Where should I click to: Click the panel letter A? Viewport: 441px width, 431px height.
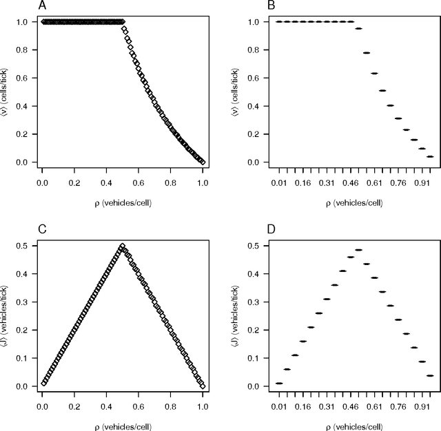(x=43, y=6)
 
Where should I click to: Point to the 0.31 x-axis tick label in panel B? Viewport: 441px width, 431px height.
(x=326, y=185)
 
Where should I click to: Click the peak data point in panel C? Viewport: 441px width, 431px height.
(x=123, y=246)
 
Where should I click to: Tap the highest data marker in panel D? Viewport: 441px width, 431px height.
(x=358, y=250)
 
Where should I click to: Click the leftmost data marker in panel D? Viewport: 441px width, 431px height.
(x=279, y=383)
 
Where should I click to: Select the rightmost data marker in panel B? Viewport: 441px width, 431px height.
(x=430, y=156)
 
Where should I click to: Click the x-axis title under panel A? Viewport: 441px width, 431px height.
(x=122, y=204)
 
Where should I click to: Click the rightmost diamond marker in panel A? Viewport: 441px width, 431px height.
(x=203, y=162)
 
